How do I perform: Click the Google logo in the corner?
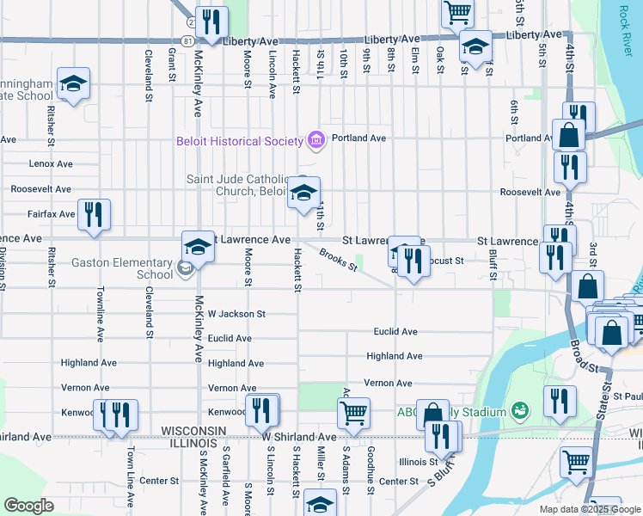point(28,506)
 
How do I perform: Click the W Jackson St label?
point(236,315)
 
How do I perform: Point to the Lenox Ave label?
point(51,163)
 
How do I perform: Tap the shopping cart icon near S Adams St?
point(353,413)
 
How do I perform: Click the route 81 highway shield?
point(188,40)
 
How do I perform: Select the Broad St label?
point(585,355)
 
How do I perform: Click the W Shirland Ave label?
point(298,438)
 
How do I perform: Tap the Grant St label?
point(173,65)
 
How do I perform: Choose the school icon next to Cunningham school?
point(74,83)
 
